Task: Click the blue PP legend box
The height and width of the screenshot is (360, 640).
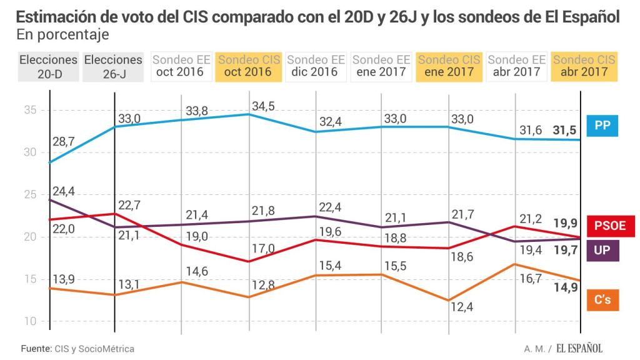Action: [x=602, y=126]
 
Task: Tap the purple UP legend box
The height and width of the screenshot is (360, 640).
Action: [x=602, y=251]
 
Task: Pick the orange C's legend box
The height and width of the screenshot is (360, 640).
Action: [x=602, y=301]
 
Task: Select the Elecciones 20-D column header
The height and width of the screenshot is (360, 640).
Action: [x=49, y=66]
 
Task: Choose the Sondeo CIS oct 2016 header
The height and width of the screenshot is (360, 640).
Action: [x=248, y=66]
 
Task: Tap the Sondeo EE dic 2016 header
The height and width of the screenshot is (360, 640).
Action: [x=314, y=66]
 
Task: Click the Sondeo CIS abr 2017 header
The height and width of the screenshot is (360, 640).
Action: [x=584, y=66]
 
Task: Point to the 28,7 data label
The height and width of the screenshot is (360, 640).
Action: [x=64, y=142]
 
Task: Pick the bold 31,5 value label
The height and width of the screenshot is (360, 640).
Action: [x=564, y=130]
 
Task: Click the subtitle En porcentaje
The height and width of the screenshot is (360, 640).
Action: [x=62, y=34]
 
